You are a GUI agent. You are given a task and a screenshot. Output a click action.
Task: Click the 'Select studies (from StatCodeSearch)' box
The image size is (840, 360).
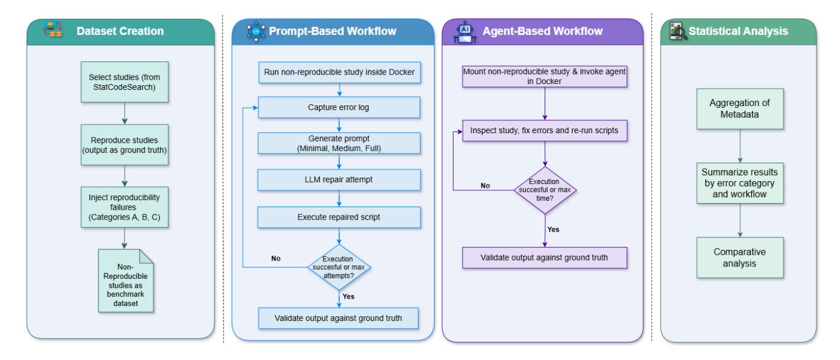[124, 82]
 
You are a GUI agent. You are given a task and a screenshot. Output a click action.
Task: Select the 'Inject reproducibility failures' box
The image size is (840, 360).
[124, 207]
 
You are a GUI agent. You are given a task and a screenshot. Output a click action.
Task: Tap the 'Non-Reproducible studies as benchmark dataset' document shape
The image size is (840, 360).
[126, 281]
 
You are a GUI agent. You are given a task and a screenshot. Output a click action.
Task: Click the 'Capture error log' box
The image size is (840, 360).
[339, 108]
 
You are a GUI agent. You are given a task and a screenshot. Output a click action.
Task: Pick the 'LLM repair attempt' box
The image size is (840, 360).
[339, 180]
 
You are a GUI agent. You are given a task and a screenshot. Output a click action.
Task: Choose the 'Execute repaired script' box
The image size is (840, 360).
[339, 217]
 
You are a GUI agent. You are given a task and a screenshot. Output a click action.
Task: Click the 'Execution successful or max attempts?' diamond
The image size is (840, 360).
[339, 268]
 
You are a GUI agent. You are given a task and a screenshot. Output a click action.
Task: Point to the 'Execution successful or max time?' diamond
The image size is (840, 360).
[545, 190]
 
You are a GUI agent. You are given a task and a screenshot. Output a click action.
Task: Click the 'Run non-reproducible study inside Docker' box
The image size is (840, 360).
[339, 72]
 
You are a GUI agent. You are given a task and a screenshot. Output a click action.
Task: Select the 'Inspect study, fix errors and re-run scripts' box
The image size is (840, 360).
[545, 131]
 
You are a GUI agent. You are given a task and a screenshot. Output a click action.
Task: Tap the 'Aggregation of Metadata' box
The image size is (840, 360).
[740, 109]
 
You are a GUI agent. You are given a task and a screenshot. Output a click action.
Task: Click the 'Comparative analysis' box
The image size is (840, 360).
[740, 258]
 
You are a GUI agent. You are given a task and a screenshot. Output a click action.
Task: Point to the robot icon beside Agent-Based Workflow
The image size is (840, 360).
[465, 32]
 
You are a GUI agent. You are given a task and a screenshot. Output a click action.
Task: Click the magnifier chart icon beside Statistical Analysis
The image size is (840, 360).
[678, 31]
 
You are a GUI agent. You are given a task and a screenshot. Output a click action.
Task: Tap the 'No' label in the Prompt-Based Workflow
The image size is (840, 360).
[276, 258]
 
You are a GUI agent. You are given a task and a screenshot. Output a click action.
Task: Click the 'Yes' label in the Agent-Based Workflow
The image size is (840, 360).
[553, 230]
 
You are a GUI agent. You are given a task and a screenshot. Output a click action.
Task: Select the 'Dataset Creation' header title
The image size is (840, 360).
[120, 31]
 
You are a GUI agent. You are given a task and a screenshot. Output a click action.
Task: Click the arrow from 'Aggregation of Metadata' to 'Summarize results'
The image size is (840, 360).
[740, 146]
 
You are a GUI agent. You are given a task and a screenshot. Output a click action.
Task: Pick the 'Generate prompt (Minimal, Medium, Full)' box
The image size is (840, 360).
[339, 143]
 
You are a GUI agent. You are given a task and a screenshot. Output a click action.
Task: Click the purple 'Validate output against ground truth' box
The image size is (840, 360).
[545, 258]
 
